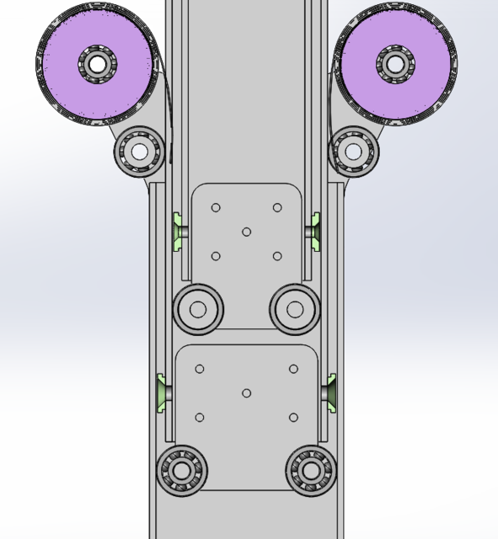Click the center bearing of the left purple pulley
click(x=97, y=63)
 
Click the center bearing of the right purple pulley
click(x=394, y=63)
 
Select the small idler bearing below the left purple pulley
click(x=138, y=151)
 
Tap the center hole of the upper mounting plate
click(x=246, y=232)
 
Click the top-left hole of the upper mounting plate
click(x=216, y=208)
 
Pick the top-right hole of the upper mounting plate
click(x=276, y=208)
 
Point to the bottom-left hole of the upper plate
click(x=216, y=256)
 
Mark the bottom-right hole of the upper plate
click(x=276, y=256)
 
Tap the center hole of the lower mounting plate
click(x=246, y=393)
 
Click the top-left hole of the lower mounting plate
click(x=200, y=369)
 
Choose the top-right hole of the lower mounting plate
click(x=293, y=369)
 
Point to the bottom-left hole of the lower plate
click(x=200, y=418)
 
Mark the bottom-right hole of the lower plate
click(x=293, y=418)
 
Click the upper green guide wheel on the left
click(x=179, y=232)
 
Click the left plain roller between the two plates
click(x=197, y=309)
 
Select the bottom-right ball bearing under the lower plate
click(x=312, y=470)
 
